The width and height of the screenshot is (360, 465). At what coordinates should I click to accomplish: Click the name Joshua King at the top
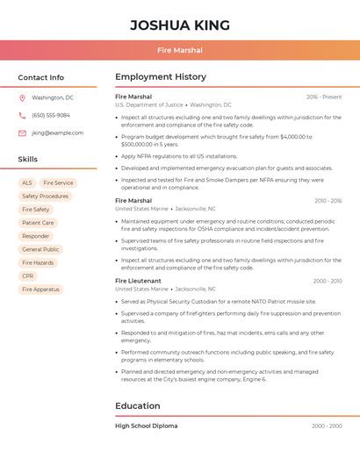click(180, 25)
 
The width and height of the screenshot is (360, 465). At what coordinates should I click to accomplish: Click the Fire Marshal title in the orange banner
click(180, 50)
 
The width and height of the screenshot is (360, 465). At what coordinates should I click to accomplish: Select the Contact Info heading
click(40, 77)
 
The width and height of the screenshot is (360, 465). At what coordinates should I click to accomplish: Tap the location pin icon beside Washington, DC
click(22, 97)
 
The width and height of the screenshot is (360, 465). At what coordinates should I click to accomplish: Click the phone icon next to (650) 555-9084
click(22, 115)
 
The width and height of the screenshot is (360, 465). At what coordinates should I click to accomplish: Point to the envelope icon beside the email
click(22, 132)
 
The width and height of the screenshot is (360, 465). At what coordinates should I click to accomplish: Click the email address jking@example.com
click(57, 132)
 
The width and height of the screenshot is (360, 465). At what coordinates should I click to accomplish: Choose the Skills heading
click(27, 159)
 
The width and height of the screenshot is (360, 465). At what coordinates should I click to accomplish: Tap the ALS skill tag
click(26, 183)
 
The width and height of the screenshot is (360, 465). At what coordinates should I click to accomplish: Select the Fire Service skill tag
click(58, 183)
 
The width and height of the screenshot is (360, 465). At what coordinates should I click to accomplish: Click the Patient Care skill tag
click(38, 223)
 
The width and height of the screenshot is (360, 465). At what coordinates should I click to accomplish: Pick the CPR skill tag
click(28, 275)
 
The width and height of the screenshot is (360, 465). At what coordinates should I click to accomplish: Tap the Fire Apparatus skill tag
click(40, 289)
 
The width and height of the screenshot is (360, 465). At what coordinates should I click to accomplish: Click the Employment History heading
click(160, 77)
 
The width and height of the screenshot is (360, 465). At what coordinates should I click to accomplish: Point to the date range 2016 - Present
click(324, 97)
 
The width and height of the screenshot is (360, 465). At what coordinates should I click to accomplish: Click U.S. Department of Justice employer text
click(149, 104)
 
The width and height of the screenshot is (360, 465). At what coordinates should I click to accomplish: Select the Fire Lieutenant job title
click(139, 281)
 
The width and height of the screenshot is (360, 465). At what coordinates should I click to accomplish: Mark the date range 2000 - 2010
click(327, 281)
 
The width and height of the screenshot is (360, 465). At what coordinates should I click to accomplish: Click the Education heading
click(137, 405)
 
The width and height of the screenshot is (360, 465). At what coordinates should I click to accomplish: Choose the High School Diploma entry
click(146, 426)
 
